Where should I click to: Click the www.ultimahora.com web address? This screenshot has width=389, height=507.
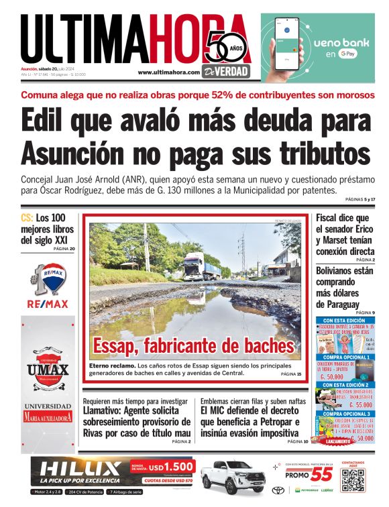169,72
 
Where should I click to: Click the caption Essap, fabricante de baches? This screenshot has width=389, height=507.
194,346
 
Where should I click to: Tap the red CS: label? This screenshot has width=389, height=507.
27,218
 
